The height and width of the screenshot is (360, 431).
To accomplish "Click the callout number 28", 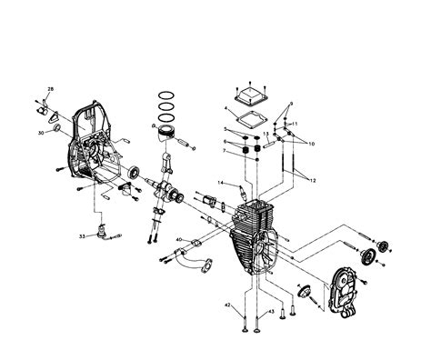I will (50, 89).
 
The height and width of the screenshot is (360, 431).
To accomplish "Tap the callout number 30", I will (41, 133).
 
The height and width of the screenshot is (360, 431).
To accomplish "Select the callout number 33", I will (82, 236).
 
